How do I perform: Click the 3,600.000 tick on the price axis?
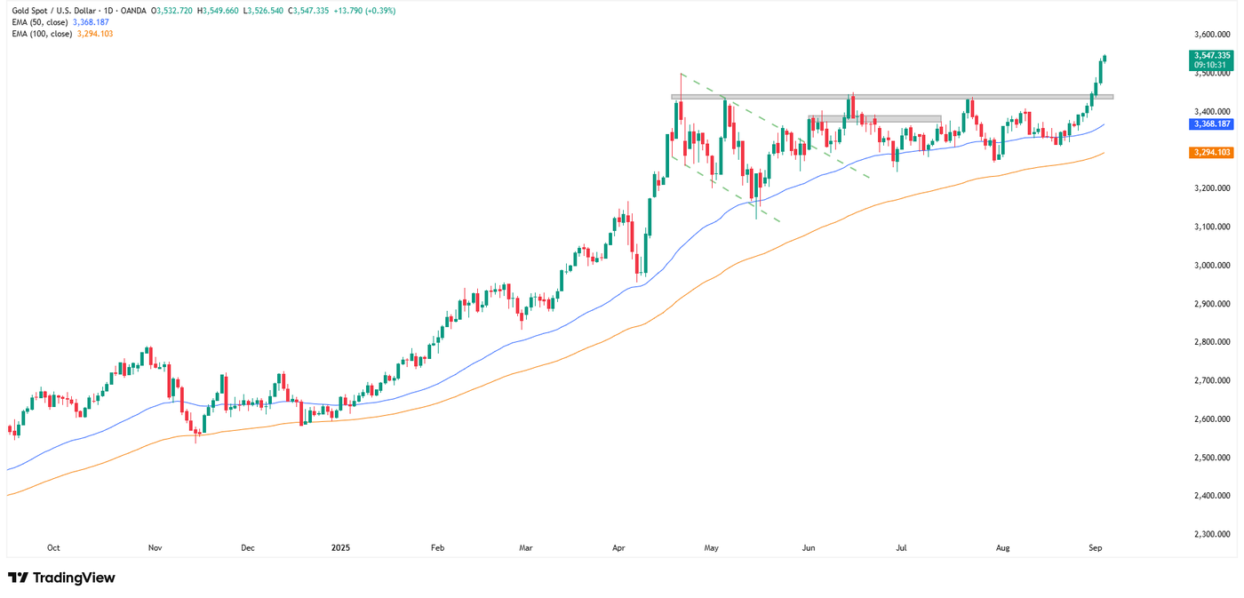[x=1213, y=35]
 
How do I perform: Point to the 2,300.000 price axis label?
[x=1213, y=534]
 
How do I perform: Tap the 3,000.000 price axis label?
[x=1213, y=266]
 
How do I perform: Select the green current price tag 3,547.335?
[x=1210, y=55]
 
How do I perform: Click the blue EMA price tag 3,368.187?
[x=1210, y=125]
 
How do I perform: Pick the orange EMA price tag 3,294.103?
[x=1210, y=153]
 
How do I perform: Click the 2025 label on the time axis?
[x=341, y=548]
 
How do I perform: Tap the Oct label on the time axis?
[x=53, y=548]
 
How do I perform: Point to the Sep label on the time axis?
[x=1096, y=548]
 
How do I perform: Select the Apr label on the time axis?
[x=618, y=548]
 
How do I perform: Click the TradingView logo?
[x=61, y=578]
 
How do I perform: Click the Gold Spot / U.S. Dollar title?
[x=52, y=11]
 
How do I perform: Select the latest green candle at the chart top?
[x=1104, y=60]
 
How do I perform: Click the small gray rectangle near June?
[x=874, y=118]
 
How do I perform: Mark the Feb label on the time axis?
[x=436, y=548]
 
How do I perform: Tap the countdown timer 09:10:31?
[x=1210, y=65]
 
